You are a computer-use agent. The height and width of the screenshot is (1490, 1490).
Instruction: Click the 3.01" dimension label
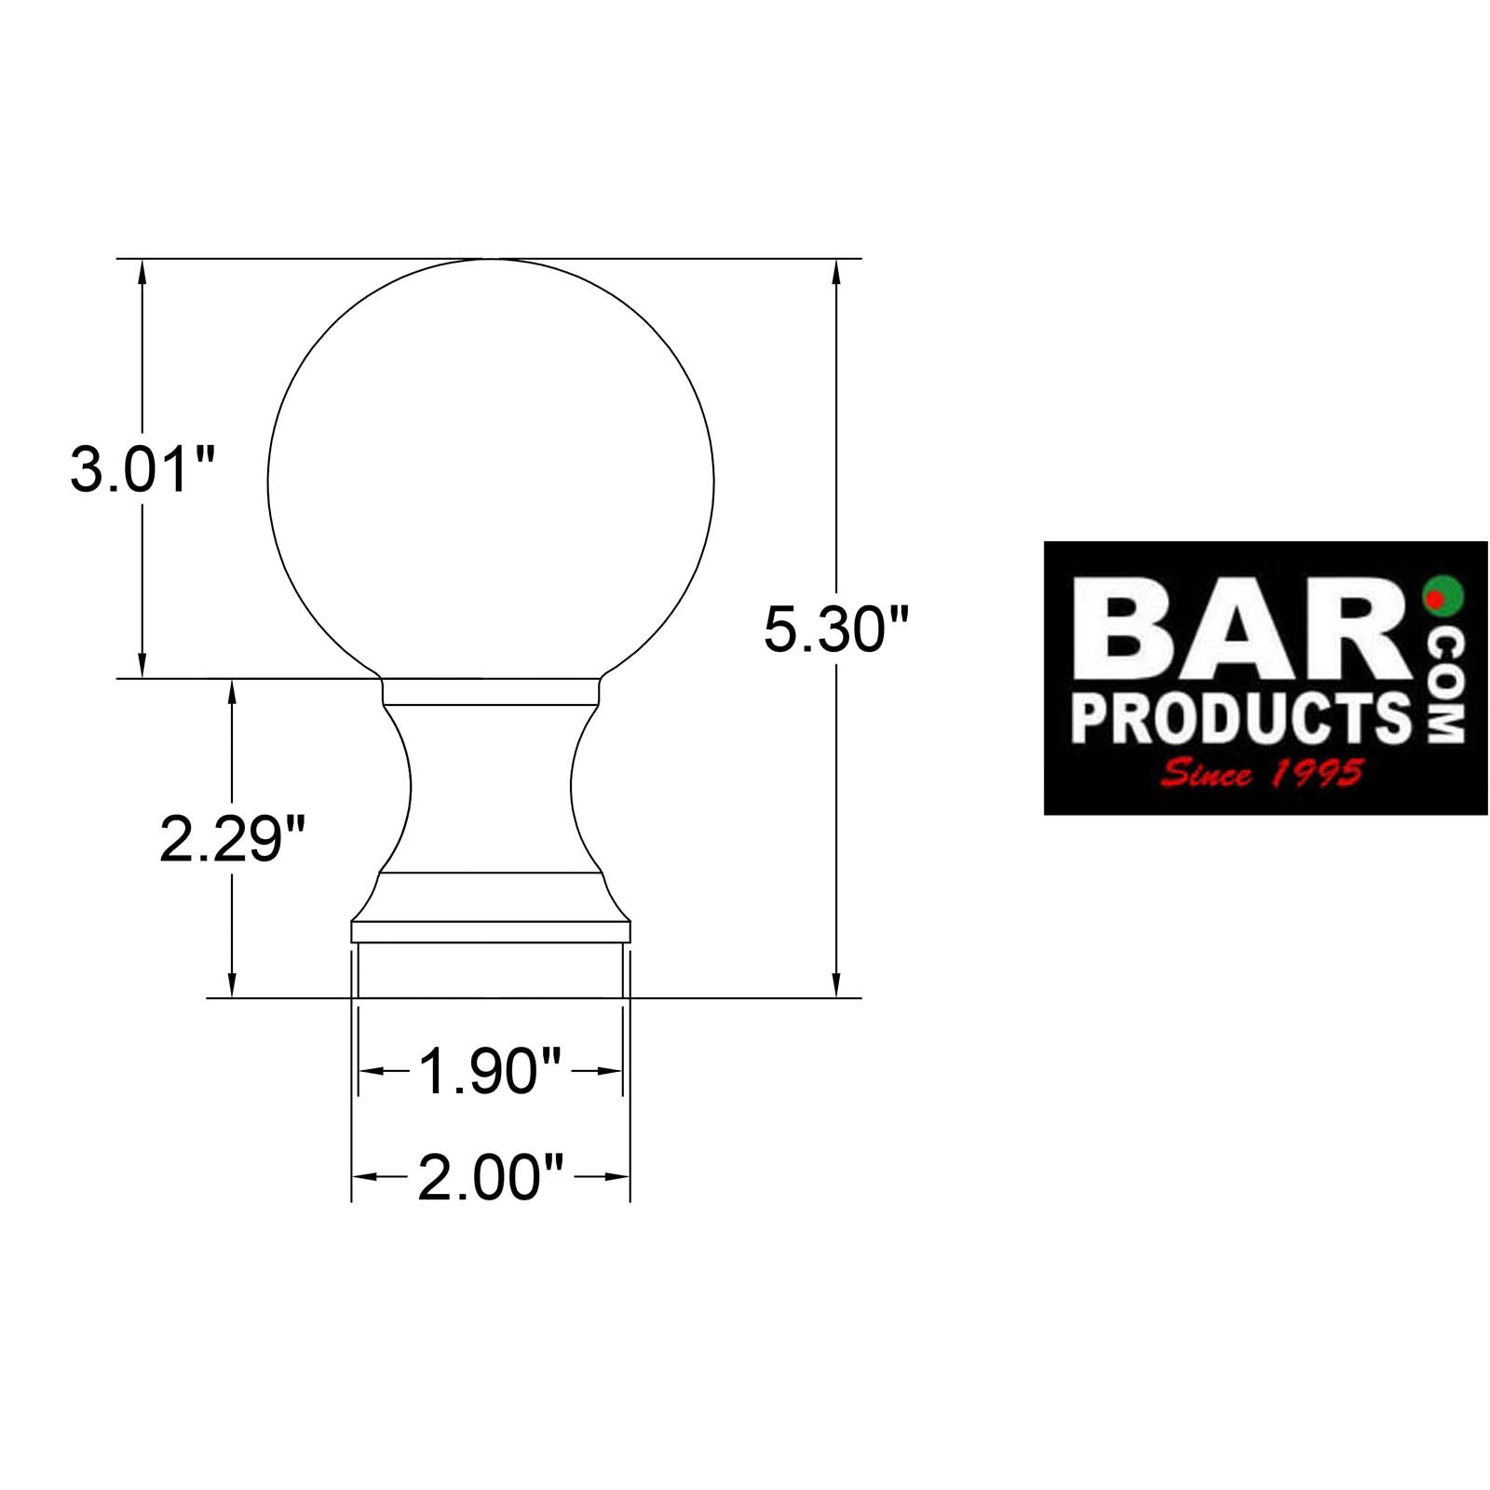tap(142, 469)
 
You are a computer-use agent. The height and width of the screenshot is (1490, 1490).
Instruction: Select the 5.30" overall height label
tap(834, 630)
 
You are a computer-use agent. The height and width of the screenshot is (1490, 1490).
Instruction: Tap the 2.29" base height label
tap(232, 838)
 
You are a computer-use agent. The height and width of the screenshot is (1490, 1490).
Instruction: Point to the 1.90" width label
tap(490, 1071)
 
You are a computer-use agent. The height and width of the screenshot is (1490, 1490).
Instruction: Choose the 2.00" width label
tap(490, 1177)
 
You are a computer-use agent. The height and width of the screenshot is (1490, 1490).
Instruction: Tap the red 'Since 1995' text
tap(1262, 773)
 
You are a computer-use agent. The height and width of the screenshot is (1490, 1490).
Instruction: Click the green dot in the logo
tap(1443, 594)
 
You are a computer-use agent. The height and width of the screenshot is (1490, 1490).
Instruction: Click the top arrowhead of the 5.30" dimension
tap(836, 270)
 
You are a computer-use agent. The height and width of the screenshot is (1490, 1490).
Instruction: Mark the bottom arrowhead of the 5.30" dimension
tap(836, 985)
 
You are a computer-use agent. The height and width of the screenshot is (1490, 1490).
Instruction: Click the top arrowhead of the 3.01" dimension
tap(142, 270)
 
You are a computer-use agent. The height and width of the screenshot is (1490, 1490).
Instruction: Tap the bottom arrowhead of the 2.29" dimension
tap(232, 985)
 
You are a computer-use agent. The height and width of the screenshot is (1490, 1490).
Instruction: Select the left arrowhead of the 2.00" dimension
tap(363, 1177)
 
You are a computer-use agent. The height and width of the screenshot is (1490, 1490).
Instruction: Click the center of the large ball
tap(491, 482)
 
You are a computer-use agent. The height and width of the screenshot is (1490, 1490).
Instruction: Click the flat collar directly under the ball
tap(491, 691)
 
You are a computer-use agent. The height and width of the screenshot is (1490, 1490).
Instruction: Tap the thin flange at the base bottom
tap(491, 931)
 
